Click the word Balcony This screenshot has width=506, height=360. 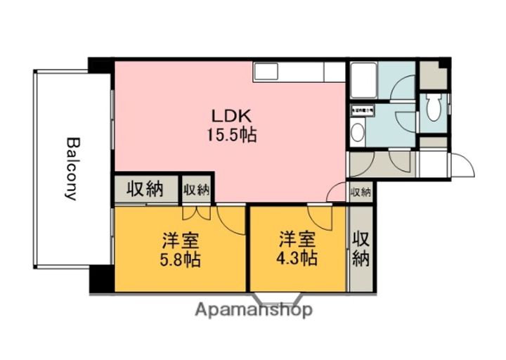[x=71, y=168]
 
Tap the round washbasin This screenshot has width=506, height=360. [x=357, y=133]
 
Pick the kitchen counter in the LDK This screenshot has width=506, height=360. [x=299, y=72]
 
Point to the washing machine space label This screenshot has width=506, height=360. [x=363, y=110]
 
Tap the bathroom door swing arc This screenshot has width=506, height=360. [x=403, y=91]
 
